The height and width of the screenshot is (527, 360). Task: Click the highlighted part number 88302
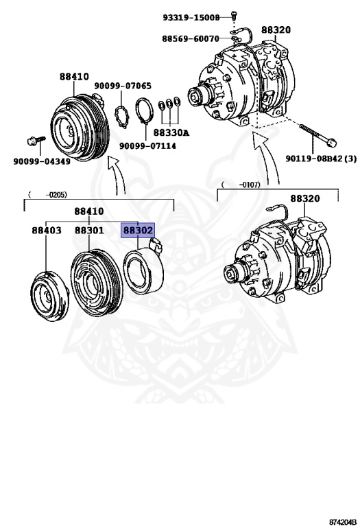[x=138, y=231]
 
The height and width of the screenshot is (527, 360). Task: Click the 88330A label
[x=171, y=132]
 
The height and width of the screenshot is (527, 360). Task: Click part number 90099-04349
[x=41, y=161]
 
